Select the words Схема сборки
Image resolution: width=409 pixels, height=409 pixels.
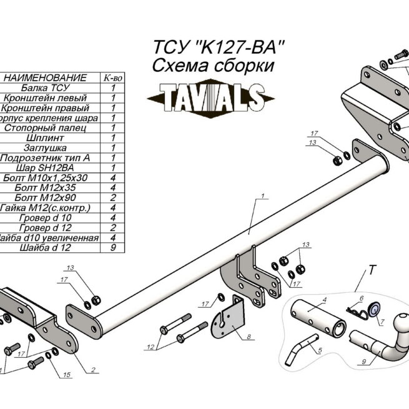pos(213,67)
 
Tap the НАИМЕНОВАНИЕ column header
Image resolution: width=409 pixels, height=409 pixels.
pos(44,78)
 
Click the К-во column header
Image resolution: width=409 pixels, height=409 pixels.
pos(112,78)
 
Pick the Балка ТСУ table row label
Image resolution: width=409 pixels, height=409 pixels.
pos(44,88)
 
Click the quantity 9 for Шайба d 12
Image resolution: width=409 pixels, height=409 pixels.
pos(112,248)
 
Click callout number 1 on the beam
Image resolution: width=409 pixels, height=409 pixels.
pos(264,197)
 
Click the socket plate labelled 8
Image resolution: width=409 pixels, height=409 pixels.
pos(229,318)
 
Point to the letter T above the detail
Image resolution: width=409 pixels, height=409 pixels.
pos(372,270)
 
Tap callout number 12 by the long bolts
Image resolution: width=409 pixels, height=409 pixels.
pos(150,347)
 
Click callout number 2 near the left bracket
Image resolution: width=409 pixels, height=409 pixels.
pos(92,370)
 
